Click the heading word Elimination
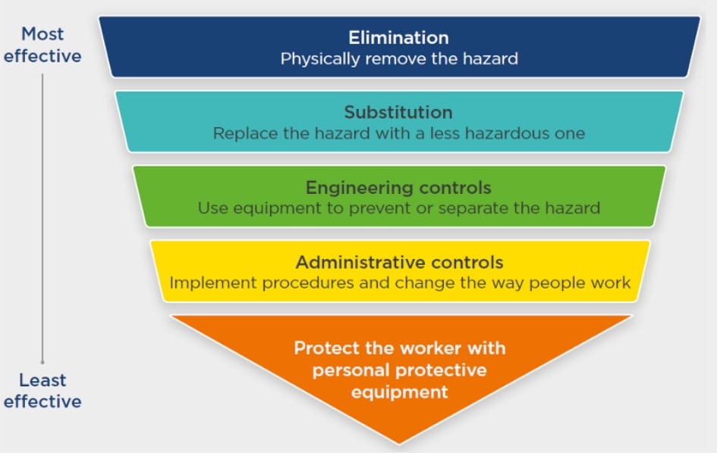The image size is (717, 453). click(398, 37)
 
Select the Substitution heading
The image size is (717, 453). click(398, 112)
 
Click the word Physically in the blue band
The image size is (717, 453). click(319, 59)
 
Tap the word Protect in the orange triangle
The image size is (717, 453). click(326, 348)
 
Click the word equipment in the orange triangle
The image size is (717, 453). click(399, 392)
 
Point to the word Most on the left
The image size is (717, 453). click(42, 34)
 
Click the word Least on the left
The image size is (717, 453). click(42, 380)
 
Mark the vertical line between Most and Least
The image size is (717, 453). click(42, 219)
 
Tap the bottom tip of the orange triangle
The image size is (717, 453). click(399, 444)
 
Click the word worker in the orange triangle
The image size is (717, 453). click(426, 348)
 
